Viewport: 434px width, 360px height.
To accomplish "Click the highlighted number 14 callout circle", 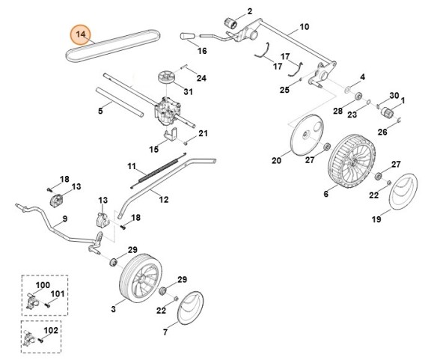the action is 81,34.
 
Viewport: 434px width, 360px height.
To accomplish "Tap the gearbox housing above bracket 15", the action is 167,112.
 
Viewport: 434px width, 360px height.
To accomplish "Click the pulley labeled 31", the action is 167,77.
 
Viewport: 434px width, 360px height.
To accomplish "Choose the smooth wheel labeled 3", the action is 141,278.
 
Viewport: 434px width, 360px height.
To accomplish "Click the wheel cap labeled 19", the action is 403,191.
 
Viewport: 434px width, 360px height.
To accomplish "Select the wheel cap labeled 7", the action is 190,308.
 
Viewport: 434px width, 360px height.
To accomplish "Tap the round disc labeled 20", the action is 307,135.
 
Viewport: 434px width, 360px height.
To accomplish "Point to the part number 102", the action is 51,330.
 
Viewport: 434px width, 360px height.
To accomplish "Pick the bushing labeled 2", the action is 230,22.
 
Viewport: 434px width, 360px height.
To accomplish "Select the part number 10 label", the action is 304,27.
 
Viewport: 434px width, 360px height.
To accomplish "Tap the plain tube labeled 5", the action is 120,102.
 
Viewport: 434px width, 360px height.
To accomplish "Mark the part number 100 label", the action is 43,284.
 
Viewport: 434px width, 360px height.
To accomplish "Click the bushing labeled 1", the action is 387,113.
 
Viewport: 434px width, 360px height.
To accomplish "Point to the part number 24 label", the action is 201,79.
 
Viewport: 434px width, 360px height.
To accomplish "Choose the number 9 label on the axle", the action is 64,219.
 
